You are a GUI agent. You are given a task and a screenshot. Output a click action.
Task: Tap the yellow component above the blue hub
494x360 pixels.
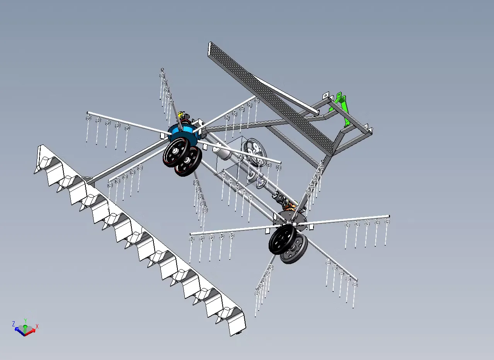[181, 114]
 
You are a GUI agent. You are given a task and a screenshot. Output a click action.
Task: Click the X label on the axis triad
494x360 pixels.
[37, 326]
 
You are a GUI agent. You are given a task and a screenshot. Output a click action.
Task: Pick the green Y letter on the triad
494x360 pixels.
[26, 321]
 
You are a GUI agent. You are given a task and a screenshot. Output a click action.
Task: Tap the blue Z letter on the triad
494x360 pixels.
[14, 324]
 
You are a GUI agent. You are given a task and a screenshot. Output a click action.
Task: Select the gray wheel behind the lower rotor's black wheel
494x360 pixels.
[294, 249]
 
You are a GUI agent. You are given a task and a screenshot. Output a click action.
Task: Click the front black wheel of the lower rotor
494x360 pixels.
[282, 239]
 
